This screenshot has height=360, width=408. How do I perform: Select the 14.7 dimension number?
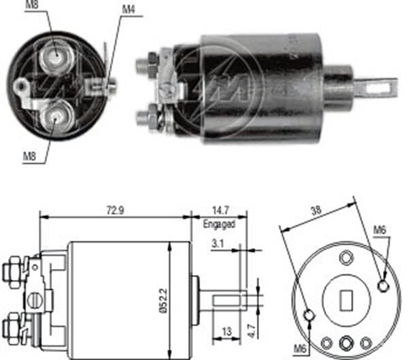coord(219,211)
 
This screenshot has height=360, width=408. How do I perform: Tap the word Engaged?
coord(219,224)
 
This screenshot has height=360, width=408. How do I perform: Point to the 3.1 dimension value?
coord(217,242)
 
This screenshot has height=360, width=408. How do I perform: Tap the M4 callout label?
coord(129,9)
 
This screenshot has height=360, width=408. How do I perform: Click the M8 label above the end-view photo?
coord(33,7)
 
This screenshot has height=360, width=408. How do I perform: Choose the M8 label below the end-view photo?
coord(30,156)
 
